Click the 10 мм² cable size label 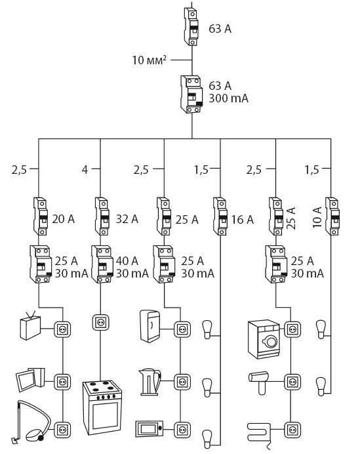click(150, 60)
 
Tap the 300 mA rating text click(229, 98)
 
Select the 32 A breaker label click(127, 219)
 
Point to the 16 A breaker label click(242, 220)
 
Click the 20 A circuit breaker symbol click(41, 217)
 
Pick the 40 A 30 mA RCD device click(102, 264)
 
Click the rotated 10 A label click(317, 217)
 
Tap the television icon click(30, 325)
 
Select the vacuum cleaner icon click(30, 422)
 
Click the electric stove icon click(102, 407)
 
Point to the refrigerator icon click(150, 326)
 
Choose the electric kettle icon click(150, 382)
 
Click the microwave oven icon click(150, 429)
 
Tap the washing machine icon click(264, 339)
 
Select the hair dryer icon click(259, 382)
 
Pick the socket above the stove click(101, 322)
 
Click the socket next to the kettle click(182, 382)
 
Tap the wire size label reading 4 click(85, 169)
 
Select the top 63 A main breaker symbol click(191, 27)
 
